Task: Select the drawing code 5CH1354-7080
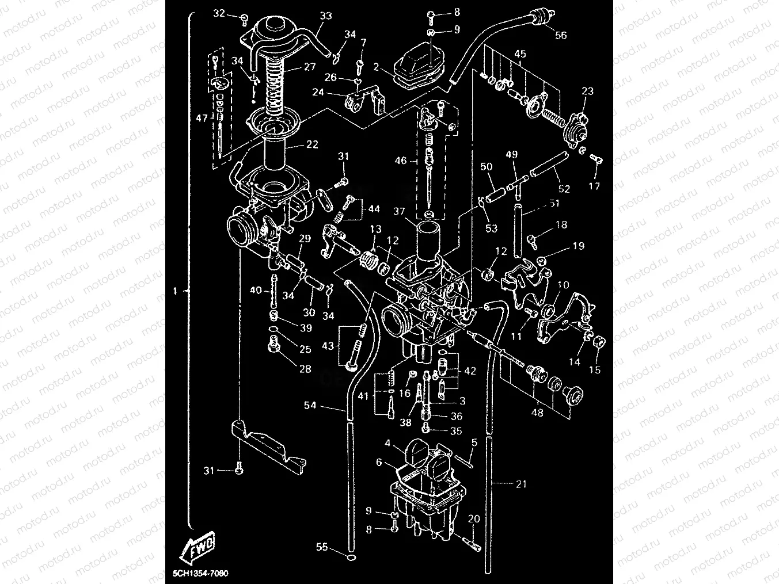[200, 574]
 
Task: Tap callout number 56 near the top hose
[560, 35]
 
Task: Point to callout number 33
[325, 16]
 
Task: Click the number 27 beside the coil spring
[310, 67]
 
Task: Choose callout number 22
[311, 144]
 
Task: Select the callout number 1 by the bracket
[176, 291]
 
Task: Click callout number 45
[519, 54]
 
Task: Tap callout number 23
[587, 91]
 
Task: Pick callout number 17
[594, 186]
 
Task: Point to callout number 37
[399, 212]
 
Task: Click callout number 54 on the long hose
[310, 405]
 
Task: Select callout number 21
[520, 484]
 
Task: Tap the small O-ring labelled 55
[351, 557]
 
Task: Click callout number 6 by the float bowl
[379, 462]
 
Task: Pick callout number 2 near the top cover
[375, 67]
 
